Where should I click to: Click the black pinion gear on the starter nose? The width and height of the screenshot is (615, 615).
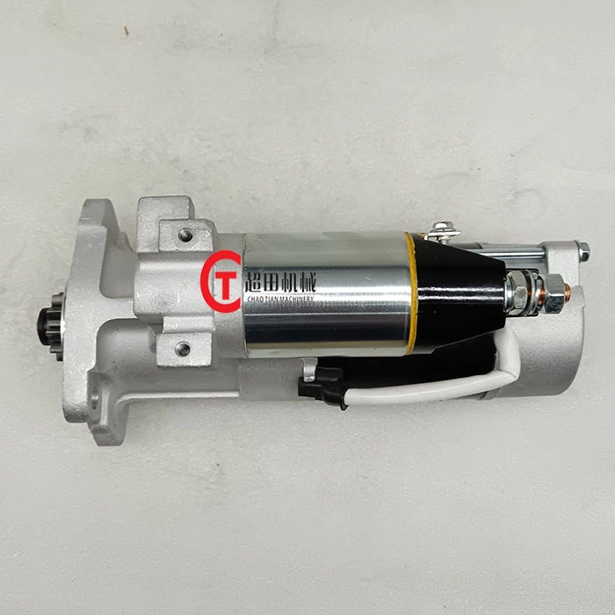(49, 325)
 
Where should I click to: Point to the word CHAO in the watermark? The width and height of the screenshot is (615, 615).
(259, 300)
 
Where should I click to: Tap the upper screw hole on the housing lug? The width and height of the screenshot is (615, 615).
(185, 235)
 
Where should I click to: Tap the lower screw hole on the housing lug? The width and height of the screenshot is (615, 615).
(182, 349)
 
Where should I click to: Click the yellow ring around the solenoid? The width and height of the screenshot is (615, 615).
(410, 293)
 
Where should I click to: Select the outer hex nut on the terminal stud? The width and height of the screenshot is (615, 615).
(553, 293)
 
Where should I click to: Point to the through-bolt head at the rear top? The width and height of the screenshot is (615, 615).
(582, 252)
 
